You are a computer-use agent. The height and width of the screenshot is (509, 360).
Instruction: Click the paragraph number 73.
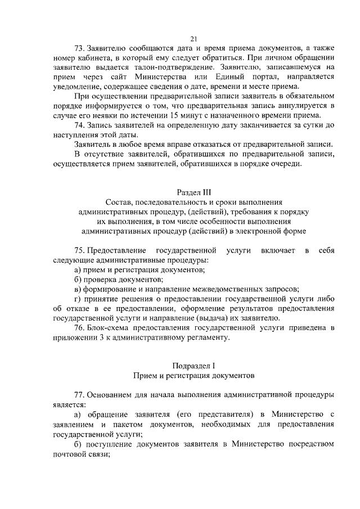click(79, 49)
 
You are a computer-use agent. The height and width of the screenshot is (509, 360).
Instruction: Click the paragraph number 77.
click(79, 395)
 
